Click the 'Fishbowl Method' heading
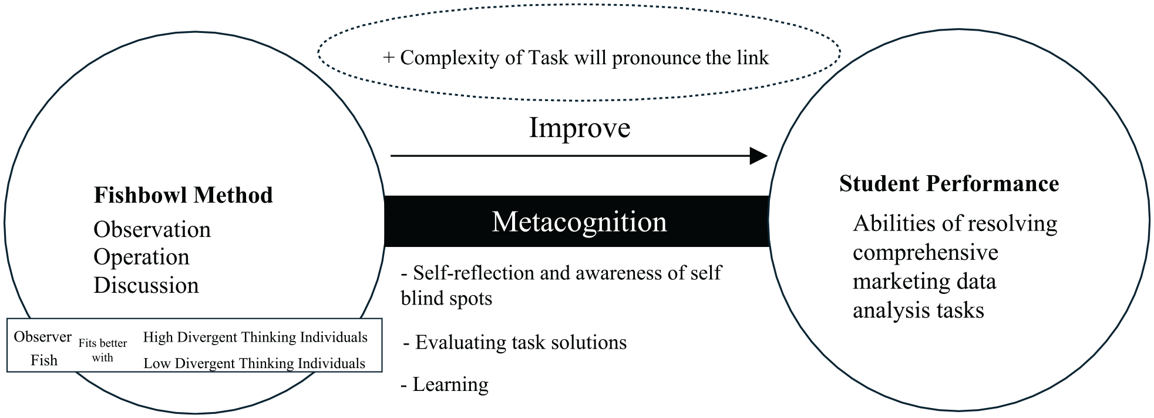pos(183,195)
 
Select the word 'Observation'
pos(152,229)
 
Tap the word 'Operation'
pos(142,257)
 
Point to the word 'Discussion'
pos(146,285)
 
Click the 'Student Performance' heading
pos(949,183)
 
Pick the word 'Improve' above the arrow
pos(580,128)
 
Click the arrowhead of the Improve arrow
pos(759,156)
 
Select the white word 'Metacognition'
pos(579,222)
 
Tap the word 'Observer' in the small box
pos(43,336)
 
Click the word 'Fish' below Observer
pos(44,360)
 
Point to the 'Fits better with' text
pos(103,350)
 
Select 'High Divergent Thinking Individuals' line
pos(255,337)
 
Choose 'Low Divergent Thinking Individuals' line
pos(254,363)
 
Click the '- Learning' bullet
pos(445,384)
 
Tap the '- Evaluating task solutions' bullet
pos(515,342)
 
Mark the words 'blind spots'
pos(446,298)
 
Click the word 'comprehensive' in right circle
pos(926,253)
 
